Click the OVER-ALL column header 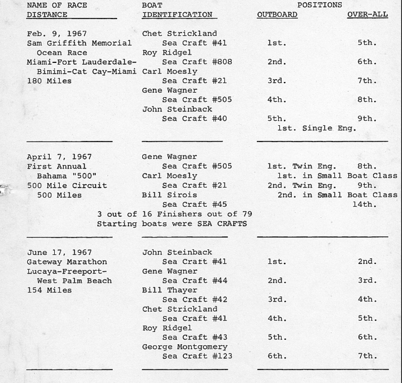367,15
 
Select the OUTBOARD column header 277,15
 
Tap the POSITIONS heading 319,5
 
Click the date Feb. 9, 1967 57,34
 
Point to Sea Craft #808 197,62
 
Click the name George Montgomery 185,347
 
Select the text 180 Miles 49,81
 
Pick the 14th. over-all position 364,204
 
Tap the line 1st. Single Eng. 317,128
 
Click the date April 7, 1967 59,157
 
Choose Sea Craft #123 197,356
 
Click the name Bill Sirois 169,195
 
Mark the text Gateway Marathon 67,262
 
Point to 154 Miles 49,290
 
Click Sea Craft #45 194,204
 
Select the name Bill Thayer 169,290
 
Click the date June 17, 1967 59,252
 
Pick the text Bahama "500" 67,176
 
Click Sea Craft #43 195,337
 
